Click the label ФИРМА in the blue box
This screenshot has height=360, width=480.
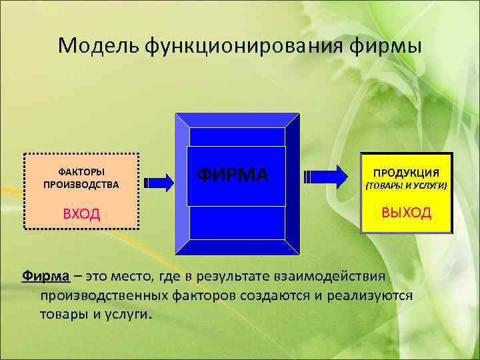[233, 175]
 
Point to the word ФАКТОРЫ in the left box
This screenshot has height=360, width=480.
[81, 172]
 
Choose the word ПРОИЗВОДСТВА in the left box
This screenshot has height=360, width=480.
[81, 185]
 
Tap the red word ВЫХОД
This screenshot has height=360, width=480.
[406, 213]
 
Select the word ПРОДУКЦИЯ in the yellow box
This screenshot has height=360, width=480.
[406, 172]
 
